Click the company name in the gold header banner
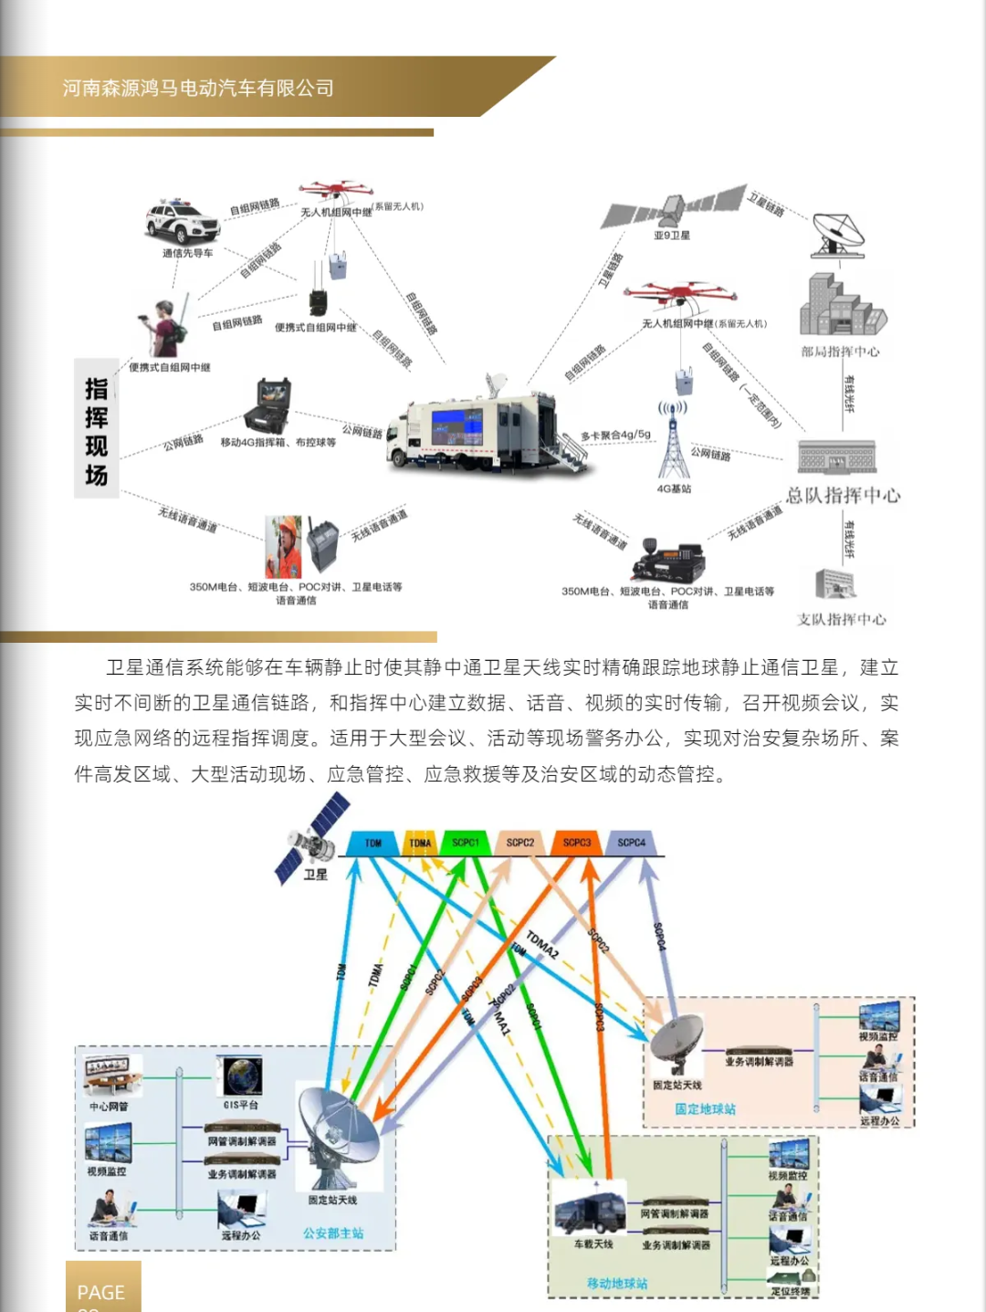(x=198, y=88)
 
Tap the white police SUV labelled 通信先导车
(x=183, y=222)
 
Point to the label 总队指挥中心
(x=843, y=495)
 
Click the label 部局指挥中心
(x=840, y=352)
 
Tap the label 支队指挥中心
(x=841, y=619)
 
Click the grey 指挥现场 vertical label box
(x=97, y=429)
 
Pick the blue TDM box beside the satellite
(x=372, y=843)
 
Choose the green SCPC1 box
(x=466, y=843)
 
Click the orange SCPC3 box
(x=576, y=843)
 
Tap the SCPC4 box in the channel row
(x=631, y=843)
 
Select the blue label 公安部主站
(x=333, y=1233)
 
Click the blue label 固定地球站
(x=705, y=1109)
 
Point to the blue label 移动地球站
(x=617, y=1284)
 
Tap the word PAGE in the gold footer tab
(x=100, y=1293)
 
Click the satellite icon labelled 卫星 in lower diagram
(x=312, y=838)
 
